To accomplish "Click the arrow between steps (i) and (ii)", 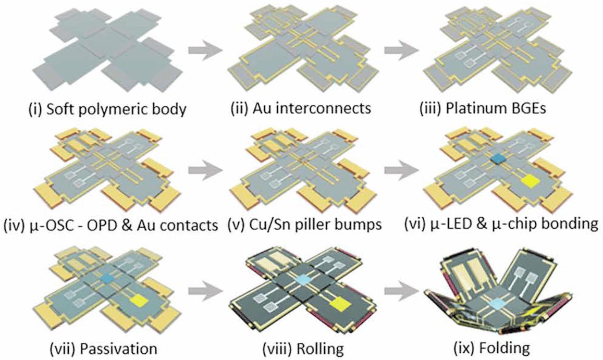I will [x=205, y=51].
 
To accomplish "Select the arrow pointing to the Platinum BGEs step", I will [x=402, y=51].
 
